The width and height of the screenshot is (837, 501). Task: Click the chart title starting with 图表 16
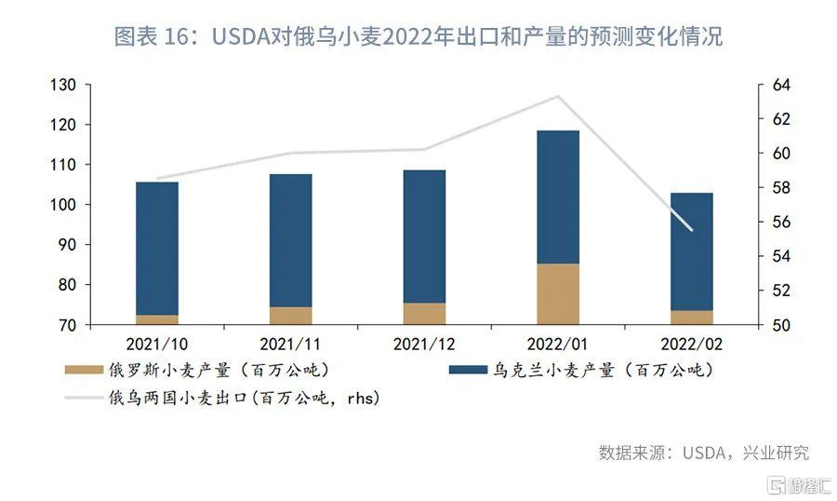click(x=418, y=37)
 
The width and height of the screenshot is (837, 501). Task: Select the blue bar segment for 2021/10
click(x=157, y=248)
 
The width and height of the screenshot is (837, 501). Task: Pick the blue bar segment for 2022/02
click(x=691, y=251)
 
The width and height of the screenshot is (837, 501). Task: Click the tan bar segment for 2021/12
click(x=424, y=314)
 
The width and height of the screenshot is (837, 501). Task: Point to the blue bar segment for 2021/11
click(x=290, y=240)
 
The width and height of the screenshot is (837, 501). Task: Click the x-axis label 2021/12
click(x=424, y=344)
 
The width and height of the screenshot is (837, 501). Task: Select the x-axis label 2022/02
click(x=691, y=344)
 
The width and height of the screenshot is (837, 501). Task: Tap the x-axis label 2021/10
click(x=157, y=344)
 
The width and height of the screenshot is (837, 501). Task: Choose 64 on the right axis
click(x=779, y=85)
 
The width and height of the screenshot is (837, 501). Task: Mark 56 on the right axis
click(x=779, y=222)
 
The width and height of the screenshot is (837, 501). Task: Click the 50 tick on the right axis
click(x=779, y=325)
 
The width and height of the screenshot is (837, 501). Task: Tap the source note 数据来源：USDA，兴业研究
click(x=704, y=453)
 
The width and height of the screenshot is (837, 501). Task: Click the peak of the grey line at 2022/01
click(x=558, y=96)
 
